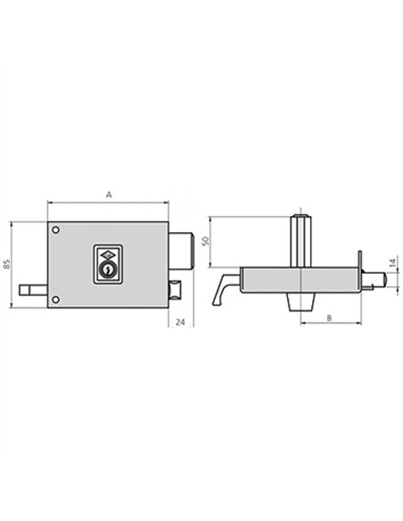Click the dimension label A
(x=108, y=193)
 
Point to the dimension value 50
(x=204, y=241)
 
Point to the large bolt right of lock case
(x=180, y=249)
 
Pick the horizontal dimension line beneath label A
(x=108, y=202)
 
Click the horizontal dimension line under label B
(x=330, y=326)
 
